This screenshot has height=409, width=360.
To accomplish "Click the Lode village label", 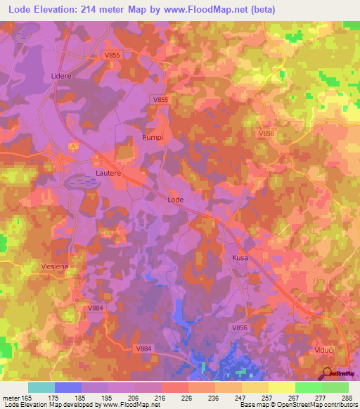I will pos(176,200).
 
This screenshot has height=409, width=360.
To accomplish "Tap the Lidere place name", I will pos(61,75).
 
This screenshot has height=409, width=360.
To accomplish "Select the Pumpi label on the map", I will pos(153,138).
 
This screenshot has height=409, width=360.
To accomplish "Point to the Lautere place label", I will pos(108,171).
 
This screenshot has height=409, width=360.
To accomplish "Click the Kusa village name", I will pos(240,259).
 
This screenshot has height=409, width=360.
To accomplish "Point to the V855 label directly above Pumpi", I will pos(161,100).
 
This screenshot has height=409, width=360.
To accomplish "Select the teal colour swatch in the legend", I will pos(41,387).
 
